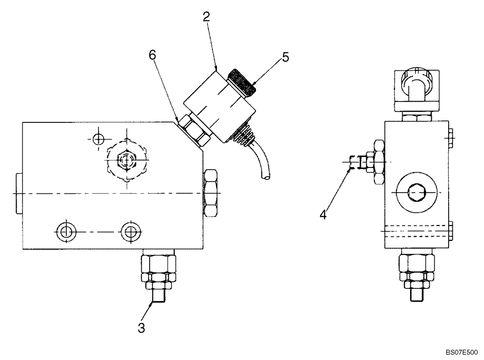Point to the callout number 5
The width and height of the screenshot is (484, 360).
click(x=286, y=58)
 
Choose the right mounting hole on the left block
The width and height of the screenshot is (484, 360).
click(x=129, y=231)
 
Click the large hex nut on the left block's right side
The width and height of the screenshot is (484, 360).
click(x=212, y=194)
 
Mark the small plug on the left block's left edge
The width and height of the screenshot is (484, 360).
click(x=18, y=194)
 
